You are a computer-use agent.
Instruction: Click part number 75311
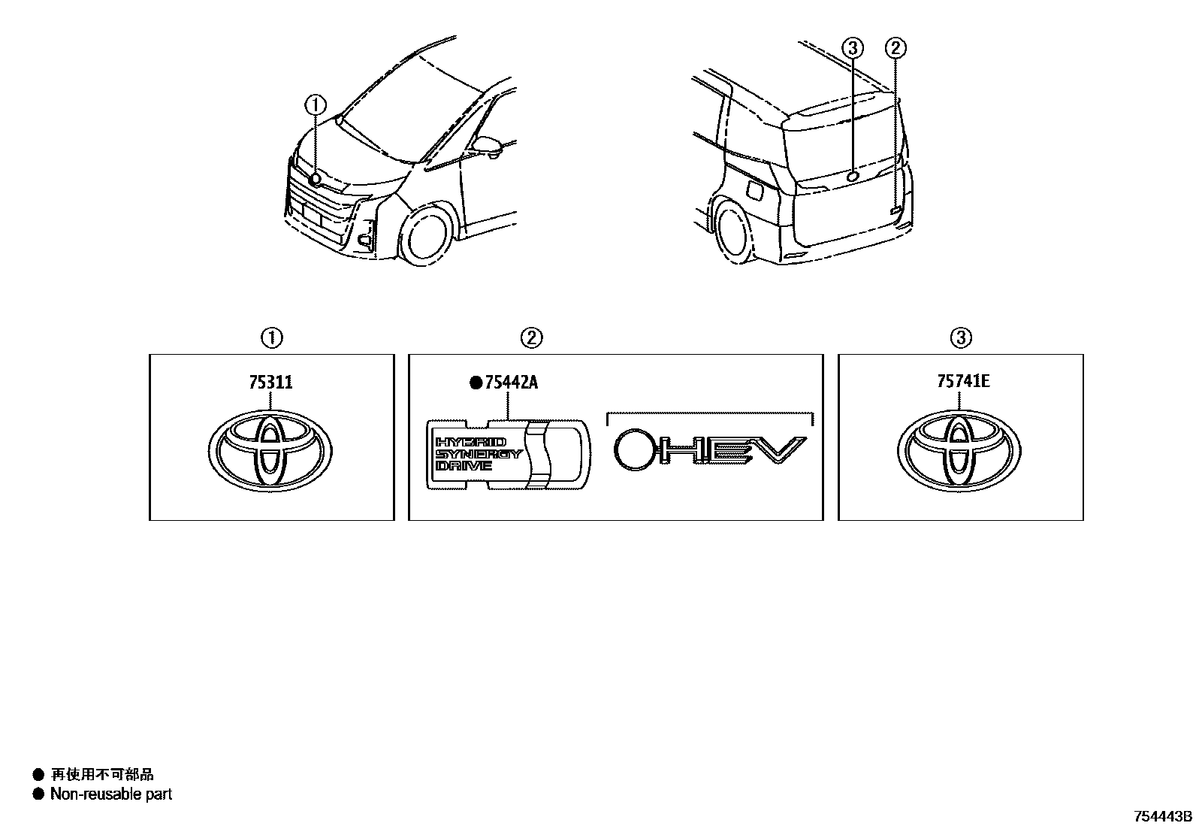(x=270, y=383)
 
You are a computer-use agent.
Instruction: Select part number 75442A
(x=512, y=383)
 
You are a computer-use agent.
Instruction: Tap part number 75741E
(x=962, y=381)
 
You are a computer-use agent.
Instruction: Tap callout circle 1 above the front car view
(x=316, y=105)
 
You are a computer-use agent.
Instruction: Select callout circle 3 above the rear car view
(x=853, y=49)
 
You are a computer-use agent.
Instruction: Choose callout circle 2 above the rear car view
(x=895, y=49)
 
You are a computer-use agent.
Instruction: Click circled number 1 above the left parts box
(x=271, y=338)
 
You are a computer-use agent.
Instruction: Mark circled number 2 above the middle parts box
(x=531, y=338)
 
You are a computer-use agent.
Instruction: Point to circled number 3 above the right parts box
(x=961, y=338)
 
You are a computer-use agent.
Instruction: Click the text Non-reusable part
(x=110, y=794)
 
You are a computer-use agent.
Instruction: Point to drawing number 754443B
(x=1163, y=816)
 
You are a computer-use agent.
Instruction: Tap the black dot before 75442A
(x=476, y=383)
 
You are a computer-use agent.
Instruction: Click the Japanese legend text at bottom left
(x=102, y=774)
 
